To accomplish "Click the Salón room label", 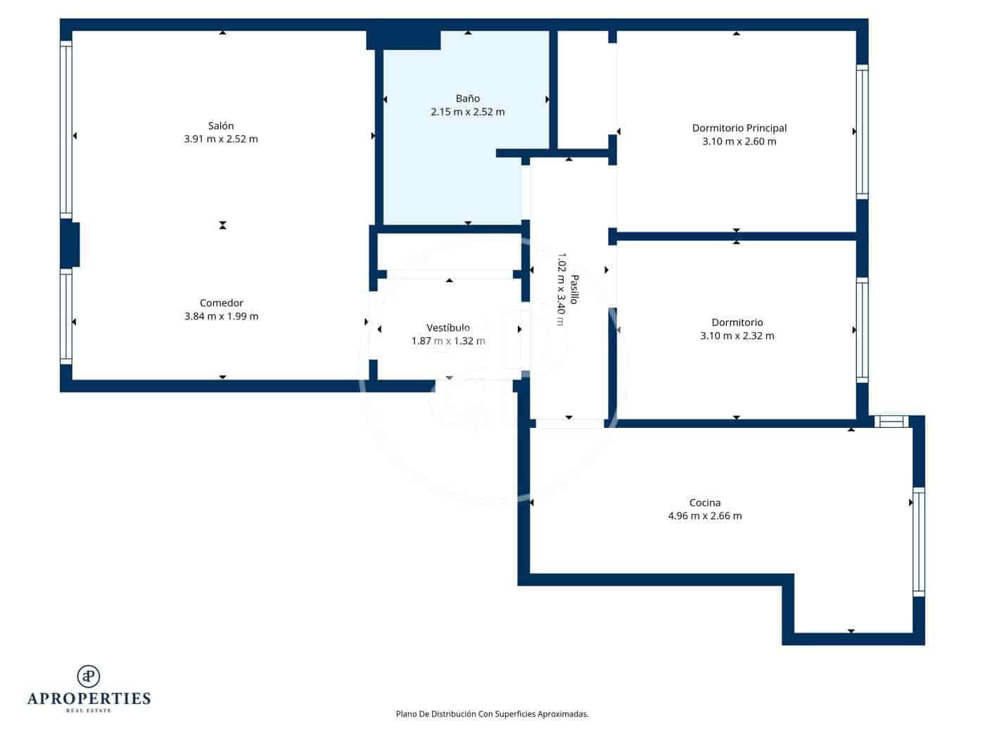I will click(221, 126).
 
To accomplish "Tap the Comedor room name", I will click(221, 303).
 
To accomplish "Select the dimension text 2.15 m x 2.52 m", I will click(467, 112).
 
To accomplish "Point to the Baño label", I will click(467, 99).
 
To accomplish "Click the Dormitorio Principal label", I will click(739, 128).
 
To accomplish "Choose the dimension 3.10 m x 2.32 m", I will click(737, 336).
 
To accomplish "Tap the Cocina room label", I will click(704, 503).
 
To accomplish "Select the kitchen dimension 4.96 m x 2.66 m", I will click(704, 516).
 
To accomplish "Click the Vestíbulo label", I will click(448, 328).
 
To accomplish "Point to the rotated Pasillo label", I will click(574, 289).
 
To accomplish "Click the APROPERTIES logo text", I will click(89, 699).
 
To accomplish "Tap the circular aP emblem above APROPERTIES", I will click(89, 676).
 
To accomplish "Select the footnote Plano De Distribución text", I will click(492, 714).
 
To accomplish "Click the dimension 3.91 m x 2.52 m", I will click(221, 139).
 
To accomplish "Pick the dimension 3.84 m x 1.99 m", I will click(221, 317).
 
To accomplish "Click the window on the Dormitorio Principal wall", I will click(862, 132).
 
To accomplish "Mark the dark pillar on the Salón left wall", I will click(70, 244).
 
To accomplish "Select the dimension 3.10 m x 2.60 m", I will click(739, 141).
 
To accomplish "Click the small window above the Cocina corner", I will click(891, 422).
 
